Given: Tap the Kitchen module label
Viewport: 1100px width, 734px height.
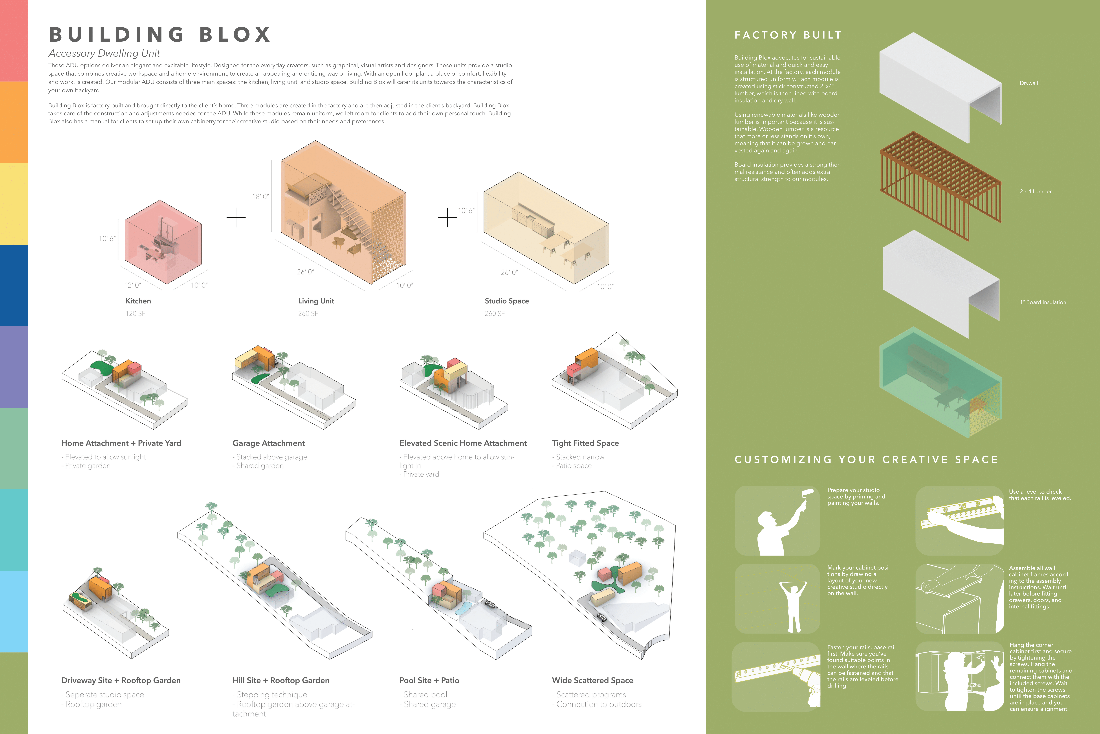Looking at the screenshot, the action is [138, 301].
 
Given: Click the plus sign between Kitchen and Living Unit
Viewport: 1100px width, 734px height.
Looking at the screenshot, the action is [236, 217].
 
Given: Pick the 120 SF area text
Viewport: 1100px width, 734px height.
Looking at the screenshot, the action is [135, 314].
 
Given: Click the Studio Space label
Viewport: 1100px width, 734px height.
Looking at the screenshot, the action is [506, 301].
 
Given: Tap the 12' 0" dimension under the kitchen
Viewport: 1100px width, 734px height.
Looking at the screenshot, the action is [132, 285].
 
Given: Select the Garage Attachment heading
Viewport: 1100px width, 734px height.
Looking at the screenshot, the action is [268, 443].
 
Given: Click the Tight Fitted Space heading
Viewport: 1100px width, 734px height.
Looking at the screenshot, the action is [585, 443].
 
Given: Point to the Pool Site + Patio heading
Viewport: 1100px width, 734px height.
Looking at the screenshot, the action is [429, 681].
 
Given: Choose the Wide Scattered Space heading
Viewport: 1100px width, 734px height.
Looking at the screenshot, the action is [592, 681].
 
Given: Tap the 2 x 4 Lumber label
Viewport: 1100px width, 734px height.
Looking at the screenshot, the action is [1036, 191].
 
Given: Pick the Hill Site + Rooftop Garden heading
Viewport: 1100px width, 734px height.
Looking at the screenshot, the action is [281, 681].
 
